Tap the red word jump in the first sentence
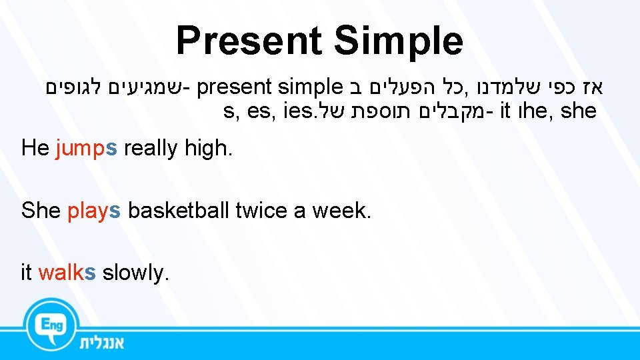click(77, 149)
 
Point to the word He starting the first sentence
click(35, 148)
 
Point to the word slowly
click(133, 273)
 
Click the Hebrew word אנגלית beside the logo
click(101, 343)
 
